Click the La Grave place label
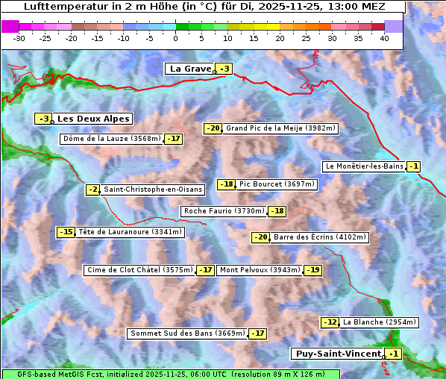point(190,69)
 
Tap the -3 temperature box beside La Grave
point(224,69)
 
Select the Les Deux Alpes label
point(94,119)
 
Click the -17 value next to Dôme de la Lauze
point(174,139)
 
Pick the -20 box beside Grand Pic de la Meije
point(213,128)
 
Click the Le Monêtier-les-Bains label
point(363,166)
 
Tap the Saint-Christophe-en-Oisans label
point(152,189)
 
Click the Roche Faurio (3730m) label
point(224,211)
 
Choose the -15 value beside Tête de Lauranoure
point(66,232)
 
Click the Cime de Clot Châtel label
point(139,270)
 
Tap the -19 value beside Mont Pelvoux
point(312,270)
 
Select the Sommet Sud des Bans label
point(187,333)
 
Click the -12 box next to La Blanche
point(330,322)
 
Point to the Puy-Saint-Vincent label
point(337,354)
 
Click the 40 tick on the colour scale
point(384,38)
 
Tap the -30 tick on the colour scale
point(19,38)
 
